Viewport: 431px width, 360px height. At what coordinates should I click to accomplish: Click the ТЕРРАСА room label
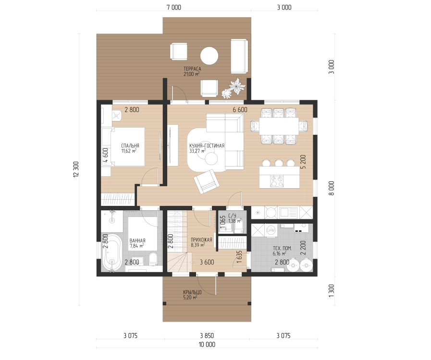tap(192, 69)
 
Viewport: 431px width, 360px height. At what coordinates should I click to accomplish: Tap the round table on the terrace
tap(209, 56)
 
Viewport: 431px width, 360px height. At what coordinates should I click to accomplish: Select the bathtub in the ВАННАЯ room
tap(112, 252)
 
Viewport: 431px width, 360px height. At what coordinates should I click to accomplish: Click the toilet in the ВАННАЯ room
tap(152, 259)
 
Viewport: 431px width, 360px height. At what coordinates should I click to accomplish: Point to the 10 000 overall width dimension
tap(207, 344)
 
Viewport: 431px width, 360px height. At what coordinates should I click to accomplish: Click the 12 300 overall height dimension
tap(76, 169)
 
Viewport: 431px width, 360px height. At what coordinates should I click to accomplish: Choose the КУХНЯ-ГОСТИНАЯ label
tap(207, 146)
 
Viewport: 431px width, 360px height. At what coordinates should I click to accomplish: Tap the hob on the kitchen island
tap(277, 181)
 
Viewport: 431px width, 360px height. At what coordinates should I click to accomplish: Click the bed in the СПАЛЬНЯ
tap(128, 146)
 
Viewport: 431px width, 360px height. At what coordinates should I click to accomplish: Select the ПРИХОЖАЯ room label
tap(201, 240)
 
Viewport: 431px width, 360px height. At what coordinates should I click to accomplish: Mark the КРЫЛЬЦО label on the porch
tap(192, 292)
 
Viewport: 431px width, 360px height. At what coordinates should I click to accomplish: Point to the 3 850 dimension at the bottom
tap(207, 336)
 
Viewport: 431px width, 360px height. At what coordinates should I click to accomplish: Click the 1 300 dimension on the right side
tap(332, 291)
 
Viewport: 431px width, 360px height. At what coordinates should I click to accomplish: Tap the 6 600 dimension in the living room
tap(240, 109)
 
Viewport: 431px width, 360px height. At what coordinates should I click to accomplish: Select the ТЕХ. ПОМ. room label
tap(283, 248)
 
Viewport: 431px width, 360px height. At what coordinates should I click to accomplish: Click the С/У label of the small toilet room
tap(232, 216)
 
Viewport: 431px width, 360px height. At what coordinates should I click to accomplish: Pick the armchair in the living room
tap(207, 181)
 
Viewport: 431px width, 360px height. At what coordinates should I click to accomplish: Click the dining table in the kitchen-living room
tap(279, 126)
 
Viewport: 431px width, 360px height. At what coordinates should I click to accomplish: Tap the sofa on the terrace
tap(239, 56)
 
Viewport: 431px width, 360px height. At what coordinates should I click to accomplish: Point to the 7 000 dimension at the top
tap(174, 7)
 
